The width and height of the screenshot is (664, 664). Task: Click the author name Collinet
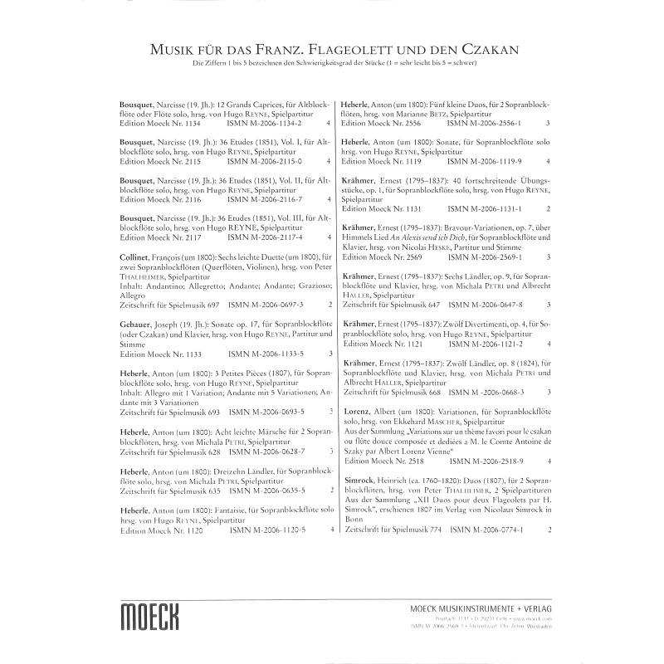(139, 257)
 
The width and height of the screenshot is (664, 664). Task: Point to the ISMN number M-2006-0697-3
(264, 305)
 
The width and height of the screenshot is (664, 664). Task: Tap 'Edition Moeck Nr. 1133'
(159, 353)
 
